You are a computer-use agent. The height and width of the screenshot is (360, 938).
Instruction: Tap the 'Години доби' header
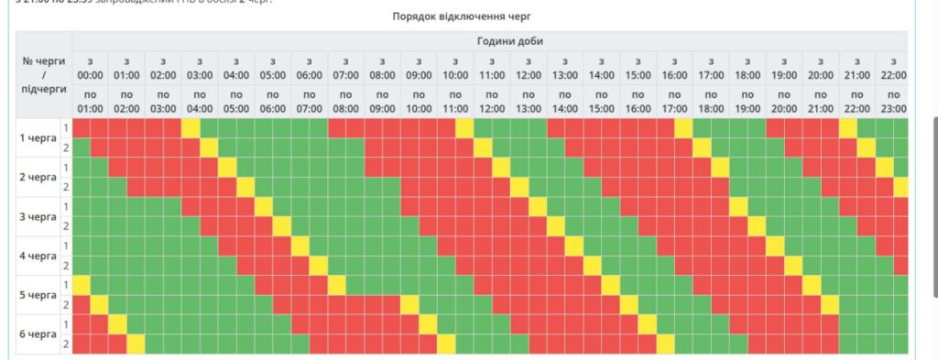click(x=489, y=40)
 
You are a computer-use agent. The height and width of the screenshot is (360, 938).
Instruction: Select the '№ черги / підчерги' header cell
click(x=44, y=74)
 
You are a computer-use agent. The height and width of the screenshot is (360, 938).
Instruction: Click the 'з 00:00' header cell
click(x=90, y=68)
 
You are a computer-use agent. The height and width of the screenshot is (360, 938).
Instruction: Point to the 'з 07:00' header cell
click(x=346, y=68)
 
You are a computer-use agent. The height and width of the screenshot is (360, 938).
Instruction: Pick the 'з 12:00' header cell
click(x=529, y=68)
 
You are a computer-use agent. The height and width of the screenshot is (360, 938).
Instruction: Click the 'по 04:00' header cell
click(x=200, y=101)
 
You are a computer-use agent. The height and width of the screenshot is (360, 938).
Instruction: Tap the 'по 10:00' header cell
click(x=419, y=101)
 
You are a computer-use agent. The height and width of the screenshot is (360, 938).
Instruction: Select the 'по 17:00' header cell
click(x=674, y=101)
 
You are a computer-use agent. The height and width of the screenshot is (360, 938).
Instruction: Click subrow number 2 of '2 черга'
click(x=66, y=187)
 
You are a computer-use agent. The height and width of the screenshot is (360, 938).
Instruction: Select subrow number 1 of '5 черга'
click(x=66, y=285)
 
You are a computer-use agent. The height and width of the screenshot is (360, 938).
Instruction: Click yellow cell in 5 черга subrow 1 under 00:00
click(x=82, y=285)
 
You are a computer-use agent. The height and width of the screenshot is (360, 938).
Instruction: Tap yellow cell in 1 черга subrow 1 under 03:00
click(x=191, y=128)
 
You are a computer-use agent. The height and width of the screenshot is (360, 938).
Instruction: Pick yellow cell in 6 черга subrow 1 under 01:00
click(x=117, y=324)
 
